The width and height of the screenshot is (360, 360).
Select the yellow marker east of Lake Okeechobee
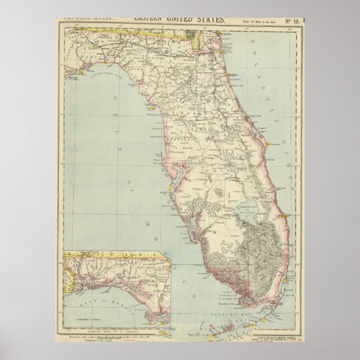(x=286, y=216)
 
